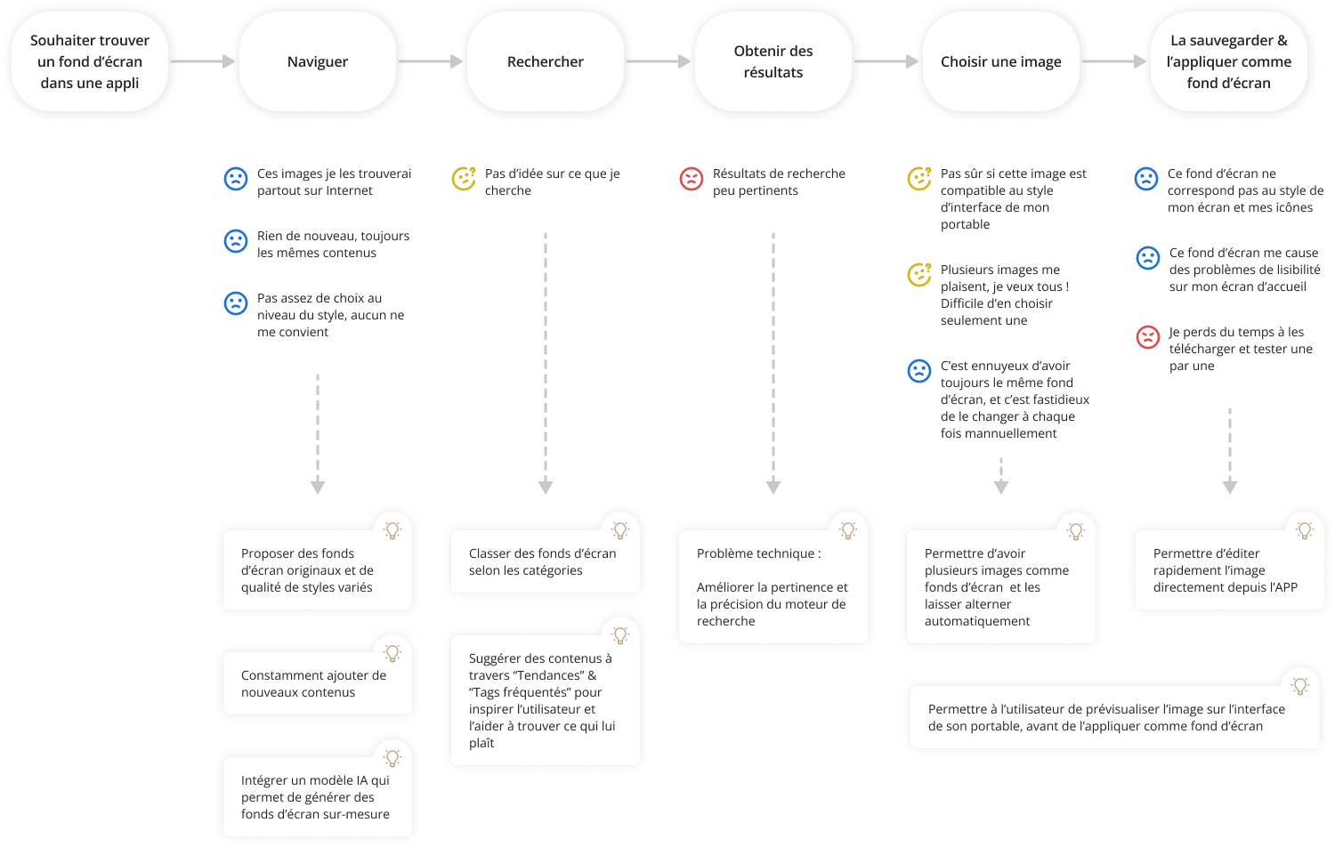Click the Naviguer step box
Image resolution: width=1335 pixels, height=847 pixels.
coord(318,61)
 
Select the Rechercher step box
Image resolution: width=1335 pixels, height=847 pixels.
coord(546,61)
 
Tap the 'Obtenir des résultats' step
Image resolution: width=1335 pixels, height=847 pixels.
coord(773,61)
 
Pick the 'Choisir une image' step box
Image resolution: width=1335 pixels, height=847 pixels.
coord(1001,61)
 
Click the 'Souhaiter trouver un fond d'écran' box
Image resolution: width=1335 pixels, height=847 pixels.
coord(90,61)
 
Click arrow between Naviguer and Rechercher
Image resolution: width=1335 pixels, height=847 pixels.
coord(431,61)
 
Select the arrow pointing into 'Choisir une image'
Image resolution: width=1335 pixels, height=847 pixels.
coord(886,61)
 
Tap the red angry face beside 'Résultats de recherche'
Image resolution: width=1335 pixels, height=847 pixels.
coord(692,179)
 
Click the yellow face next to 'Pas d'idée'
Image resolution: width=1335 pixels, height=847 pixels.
coord(464,179)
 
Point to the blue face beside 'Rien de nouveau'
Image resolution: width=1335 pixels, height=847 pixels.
coord(236,241)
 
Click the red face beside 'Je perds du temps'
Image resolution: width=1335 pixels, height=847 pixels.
coord(1148,337)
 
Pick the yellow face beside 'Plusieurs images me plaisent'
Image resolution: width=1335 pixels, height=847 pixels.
coord(919,275)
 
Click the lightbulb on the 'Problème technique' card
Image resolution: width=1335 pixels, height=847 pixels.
coord(848,530)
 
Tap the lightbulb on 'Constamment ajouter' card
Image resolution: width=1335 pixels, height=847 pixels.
coord(392,653)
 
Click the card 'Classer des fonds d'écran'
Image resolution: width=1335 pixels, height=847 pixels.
coord(545,561)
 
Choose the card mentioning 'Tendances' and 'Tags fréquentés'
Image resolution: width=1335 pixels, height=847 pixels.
coord(545,700)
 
